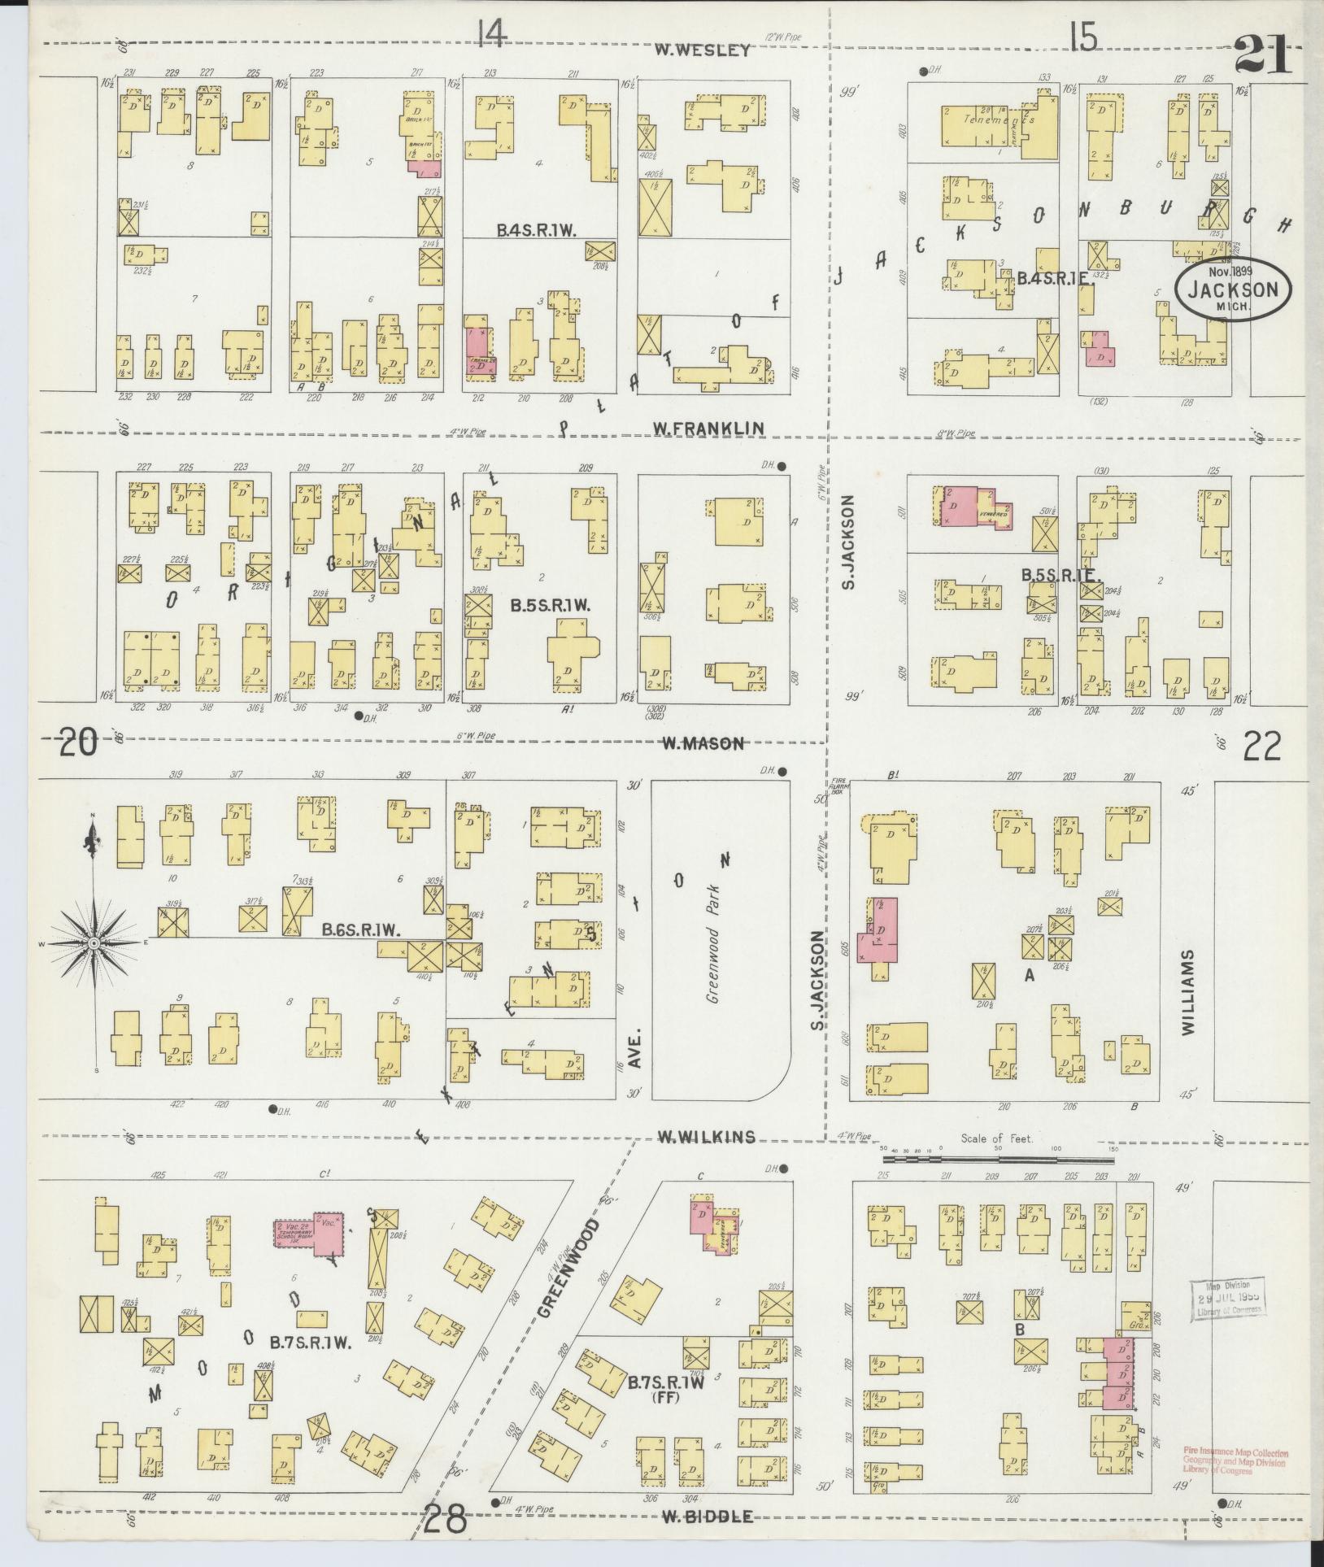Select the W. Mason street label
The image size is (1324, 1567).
coord(702,742)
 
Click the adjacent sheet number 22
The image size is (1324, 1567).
coord(1261,746)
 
